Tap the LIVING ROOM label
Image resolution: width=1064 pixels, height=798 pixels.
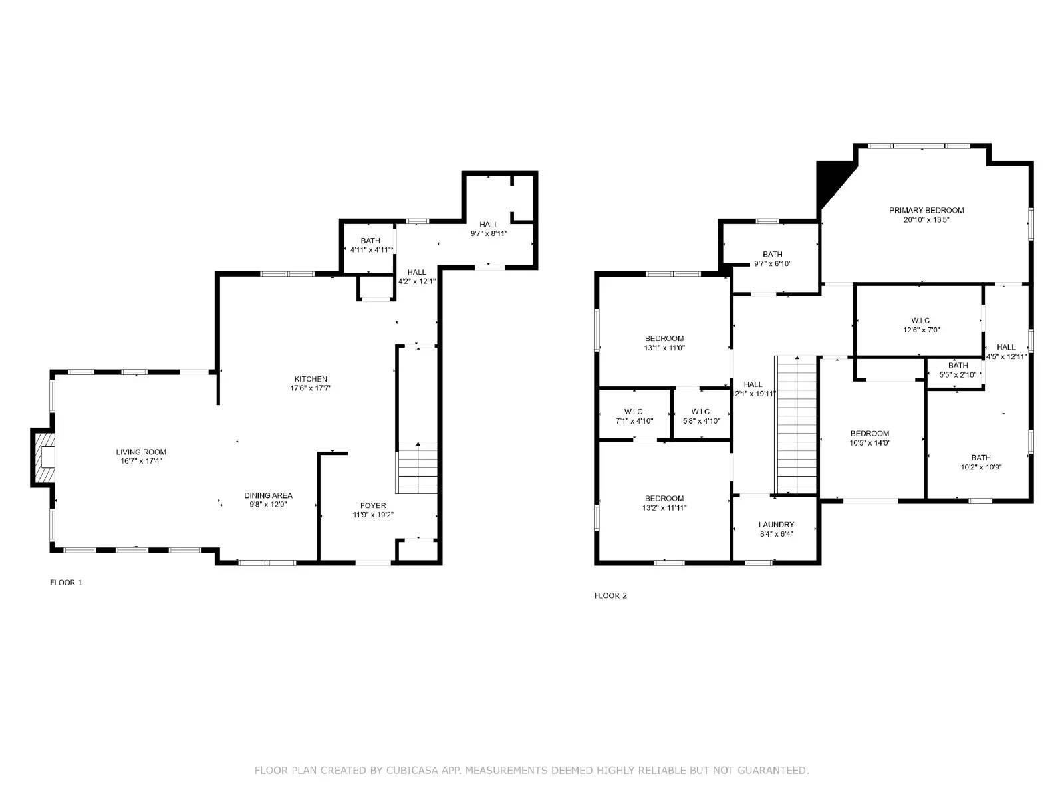[141, 452]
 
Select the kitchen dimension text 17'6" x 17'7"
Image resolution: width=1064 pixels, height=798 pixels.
[311, 388]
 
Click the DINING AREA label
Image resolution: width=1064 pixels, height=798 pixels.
[268, 495]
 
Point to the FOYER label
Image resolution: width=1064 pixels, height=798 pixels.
[373, 505]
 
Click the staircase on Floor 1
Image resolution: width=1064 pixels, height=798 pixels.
[418, 468]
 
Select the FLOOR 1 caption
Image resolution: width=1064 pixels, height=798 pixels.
[66, 583]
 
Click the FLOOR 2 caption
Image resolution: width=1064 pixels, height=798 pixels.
[610, 596]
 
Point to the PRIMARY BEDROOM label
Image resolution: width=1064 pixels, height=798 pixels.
[926, 210]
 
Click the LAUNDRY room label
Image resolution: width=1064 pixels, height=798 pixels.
[777, 524]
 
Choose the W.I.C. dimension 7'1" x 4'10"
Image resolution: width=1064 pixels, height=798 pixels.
[634, 421]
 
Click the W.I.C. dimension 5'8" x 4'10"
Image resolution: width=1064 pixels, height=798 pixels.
[701, 421]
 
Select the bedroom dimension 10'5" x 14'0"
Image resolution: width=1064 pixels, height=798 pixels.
[869, 443]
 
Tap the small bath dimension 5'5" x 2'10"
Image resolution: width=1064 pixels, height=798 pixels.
[958, 375]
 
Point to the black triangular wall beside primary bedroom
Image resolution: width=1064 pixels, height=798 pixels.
[830, 180]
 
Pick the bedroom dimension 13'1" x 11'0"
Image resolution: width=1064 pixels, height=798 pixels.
[664, 348]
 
